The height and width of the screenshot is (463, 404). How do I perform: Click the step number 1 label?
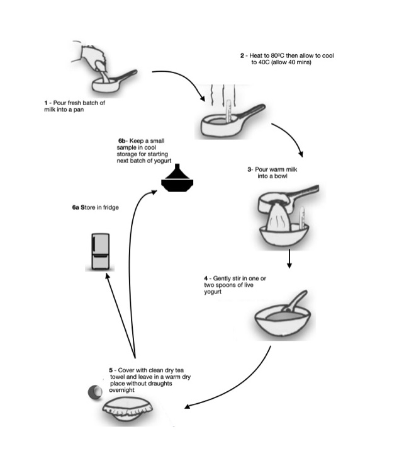coord(46,102)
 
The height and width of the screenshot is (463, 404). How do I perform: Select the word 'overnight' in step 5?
coord(123,391)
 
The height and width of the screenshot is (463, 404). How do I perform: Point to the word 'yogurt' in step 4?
coord(214,292)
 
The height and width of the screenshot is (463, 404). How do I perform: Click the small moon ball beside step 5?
coord(94,393)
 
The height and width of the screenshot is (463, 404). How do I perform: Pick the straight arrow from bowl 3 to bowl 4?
coord(289,258)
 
